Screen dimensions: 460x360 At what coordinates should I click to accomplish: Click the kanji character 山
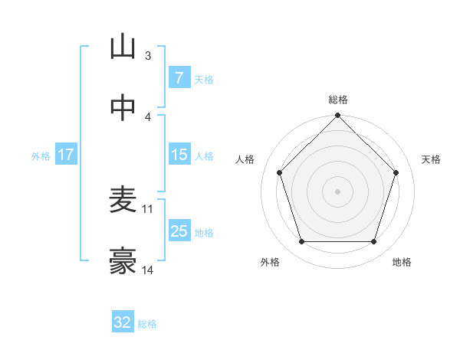123,47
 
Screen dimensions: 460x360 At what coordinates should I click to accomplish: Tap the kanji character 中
123,108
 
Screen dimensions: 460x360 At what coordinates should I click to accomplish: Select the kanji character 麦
123,201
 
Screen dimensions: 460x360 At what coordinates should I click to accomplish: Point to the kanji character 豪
123,261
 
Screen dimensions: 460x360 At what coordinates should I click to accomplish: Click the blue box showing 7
179,78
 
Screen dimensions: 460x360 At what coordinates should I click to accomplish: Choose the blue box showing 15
179,155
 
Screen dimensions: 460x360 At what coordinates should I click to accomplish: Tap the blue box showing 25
179,231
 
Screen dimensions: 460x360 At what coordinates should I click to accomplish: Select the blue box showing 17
65,155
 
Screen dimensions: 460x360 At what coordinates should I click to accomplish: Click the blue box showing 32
123,322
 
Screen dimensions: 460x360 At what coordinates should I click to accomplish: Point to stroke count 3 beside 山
147,56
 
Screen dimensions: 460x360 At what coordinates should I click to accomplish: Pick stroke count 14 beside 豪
148,270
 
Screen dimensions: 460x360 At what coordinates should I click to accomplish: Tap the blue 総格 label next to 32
147,324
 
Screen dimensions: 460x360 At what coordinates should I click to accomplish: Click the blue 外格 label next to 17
41,156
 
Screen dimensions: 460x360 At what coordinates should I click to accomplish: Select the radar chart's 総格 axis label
337,100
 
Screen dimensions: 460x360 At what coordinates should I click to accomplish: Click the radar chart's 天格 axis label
431,159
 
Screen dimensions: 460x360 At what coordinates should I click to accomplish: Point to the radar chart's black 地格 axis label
402,262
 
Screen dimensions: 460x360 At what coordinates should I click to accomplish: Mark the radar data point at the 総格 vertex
337,117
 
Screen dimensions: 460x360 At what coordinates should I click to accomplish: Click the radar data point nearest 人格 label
279,173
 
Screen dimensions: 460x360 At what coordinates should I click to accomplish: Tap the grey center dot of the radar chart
337,191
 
